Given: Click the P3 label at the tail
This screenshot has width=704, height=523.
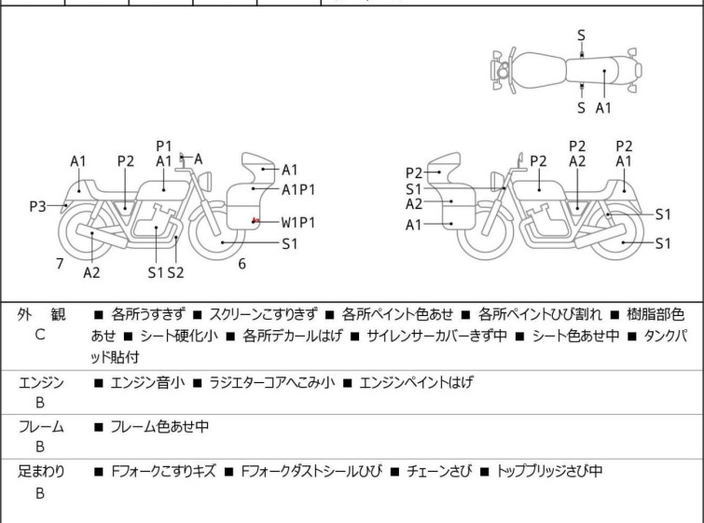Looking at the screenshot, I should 37,205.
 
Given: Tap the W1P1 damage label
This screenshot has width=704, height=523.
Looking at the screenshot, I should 298,222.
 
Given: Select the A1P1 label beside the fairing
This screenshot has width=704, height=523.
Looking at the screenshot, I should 298,188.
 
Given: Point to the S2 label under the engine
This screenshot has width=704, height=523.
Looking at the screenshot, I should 175,273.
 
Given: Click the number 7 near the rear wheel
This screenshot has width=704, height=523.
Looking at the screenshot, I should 60,264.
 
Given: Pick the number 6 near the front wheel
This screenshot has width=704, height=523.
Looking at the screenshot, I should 242,264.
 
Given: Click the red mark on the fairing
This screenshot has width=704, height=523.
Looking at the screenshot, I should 255,221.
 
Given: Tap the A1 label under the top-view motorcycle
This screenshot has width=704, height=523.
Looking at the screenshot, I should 603,107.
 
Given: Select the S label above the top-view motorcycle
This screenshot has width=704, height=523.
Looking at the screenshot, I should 581,35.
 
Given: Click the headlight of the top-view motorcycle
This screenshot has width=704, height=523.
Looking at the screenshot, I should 503,70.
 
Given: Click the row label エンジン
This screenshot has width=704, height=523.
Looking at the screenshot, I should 42,382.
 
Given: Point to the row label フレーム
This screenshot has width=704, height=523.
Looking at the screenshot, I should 42,427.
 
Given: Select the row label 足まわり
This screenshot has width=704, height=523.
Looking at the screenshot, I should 42,472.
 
